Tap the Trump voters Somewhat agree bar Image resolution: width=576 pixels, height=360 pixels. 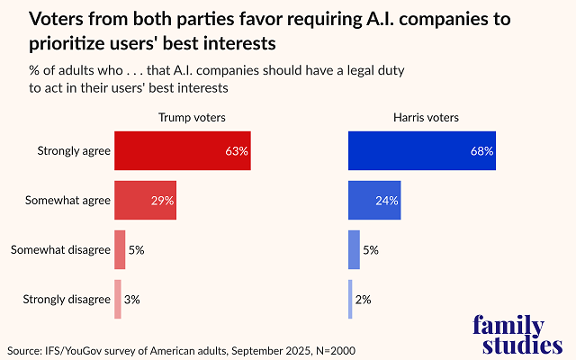pyautogui.click(x=145, y=200)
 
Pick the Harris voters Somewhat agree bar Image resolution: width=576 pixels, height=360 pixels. pyautogui.click(x=374, y=200)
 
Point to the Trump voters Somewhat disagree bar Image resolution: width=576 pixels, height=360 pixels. pyautogui.click(x=120, y=249)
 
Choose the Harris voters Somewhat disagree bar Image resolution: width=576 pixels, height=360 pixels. pyautogui.click(x=354, y=249)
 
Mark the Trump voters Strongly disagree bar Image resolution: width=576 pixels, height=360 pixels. pyautogui.click(x=118, y=299)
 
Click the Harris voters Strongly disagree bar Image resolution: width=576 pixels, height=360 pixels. pyautogui.click(x=350, y=299)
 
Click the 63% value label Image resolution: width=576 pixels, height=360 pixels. pyautogui.click(x=237, y=151)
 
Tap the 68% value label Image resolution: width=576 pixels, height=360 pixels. pyautogui.click(x=482, y=151)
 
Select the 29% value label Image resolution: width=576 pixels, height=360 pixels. pyautogui.click(x=163, y=200)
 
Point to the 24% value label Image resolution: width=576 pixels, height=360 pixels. pyautogui.click(x=387, y=200)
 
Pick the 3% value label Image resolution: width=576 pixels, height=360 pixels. pyautogui.click(x=131, y=299)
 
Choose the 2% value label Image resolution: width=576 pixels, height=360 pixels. pyautogui.click(x=363, y=299)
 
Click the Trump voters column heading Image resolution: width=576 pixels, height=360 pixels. pyautogui.click(x=192, y=117)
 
